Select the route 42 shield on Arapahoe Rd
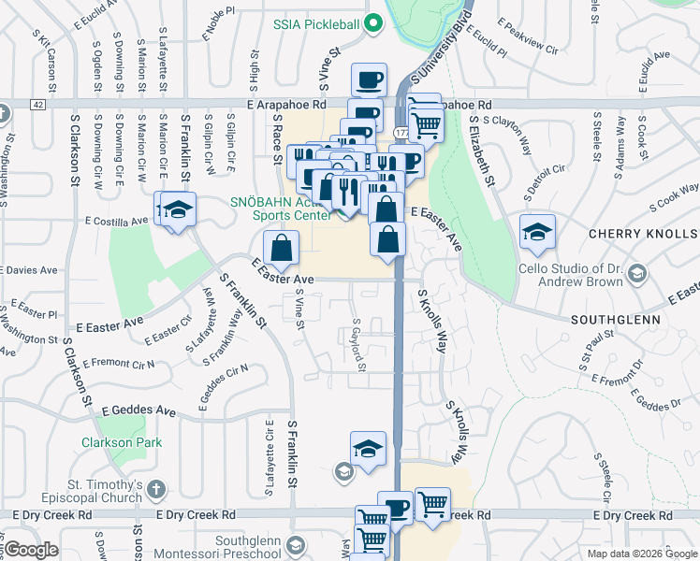(36, 105)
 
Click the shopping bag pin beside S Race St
(281, 249)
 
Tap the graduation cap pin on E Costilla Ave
(178, 211)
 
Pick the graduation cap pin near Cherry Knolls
(537, 234)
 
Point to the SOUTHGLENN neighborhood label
(614, 319)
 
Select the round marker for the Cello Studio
(637, 273)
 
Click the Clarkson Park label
(121, 442)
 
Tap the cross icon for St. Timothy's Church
(156, 488)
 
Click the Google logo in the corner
(30, 550)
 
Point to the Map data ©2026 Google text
(641, 554)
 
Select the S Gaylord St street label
(357, 344)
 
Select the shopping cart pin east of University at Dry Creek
(432, 505)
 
